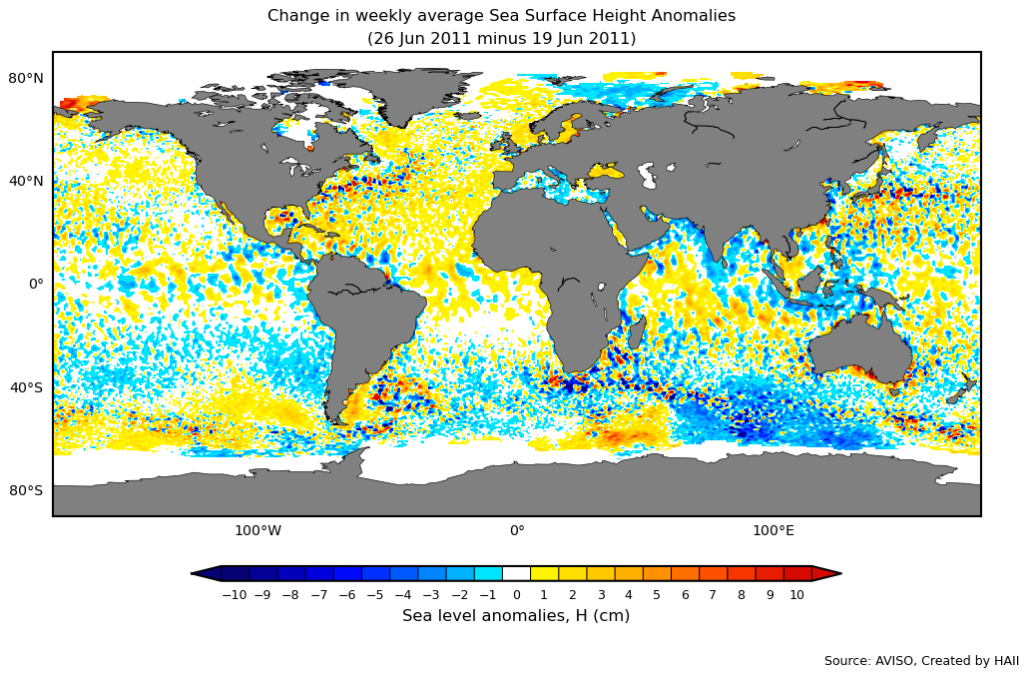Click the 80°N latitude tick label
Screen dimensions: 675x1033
coord(27,79)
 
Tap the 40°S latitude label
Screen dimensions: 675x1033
coord(27,387)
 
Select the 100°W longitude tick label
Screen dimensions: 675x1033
coord(258,531)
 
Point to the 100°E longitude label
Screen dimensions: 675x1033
coord(773,531)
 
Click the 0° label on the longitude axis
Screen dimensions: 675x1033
coord(517,531)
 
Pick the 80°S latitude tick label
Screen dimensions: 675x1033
coord(27,490)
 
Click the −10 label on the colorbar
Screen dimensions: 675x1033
coord(234,595)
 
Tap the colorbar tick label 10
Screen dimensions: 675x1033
coord(796,595)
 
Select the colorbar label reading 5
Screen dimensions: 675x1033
coord(656,595)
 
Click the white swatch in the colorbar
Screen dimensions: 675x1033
coord(516,573)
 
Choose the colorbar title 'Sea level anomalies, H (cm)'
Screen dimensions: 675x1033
coord(516,616)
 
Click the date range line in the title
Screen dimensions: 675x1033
coord(501,39)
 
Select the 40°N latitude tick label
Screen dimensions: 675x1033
coord(27,182)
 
